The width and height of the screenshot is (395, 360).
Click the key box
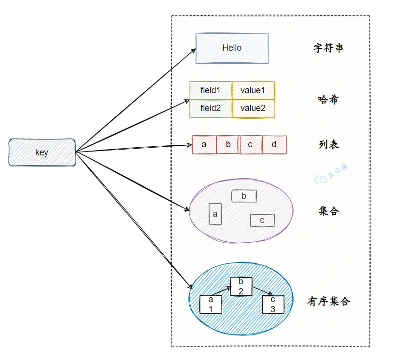click(x=42, y=152)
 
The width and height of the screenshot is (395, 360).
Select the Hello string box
click(x=232, y=48)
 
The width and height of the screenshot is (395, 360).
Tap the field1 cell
click(x=211, y=90)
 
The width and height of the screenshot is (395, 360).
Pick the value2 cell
click(x=253, y=109)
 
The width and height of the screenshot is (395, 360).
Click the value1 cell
click(x=253, y=90)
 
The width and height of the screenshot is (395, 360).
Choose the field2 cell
click(x=211, y=109)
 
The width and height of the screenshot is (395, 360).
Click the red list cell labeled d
click(x=274, y=144)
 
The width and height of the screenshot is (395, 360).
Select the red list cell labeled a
click(x=204, y=144)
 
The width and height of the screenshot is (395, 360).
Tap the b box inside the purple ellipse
click(x=244, y=196)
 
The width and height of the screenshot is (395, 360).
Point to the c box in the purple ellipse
click(x=262, y=220)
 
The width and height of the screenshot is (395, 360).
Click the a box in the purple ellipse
click(x=215, y=214)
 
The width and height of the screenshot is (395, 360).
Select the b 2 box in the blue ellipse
click(x=241, y=287)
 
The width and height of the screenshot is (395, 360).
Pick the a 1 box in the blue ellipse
click(x=211, y=305)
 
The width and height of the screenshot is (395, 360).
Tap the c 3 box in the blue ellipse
click(x=273, y=305)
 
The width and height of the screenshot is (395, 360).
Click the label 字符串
click(x=328, y=48)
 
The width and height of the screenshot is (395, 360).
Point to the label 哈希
click(x=328, y=100)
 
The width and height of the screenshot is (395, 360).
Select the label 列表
click(x=329, y=144)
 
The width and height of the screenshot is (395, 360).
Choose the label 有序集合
click(x=329, y=301)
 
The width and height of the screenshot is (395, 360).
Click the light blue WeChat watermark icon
click(x=320, y=179)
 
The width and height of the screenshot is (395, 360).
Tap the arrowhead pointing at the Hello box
click(x=194, y=51)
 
